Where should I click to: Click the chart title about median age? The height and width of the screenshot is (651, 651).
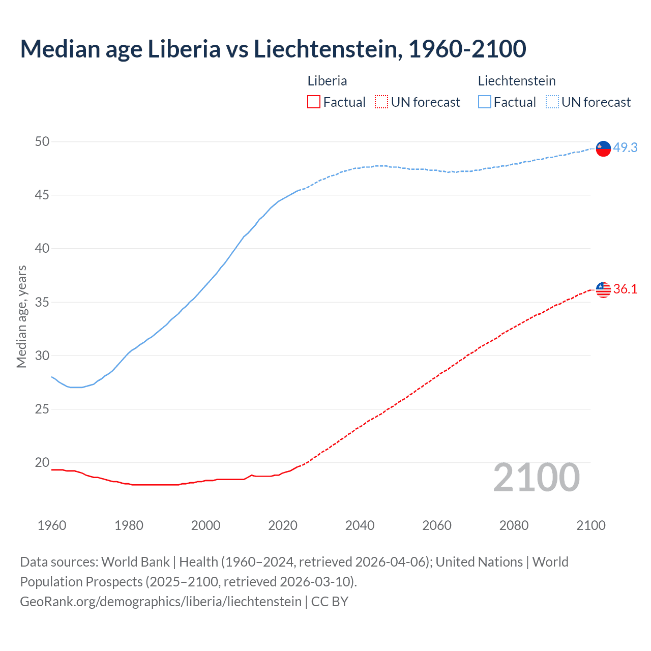273,49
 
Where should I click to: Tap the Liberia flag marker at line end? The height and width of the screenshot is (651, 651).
603,289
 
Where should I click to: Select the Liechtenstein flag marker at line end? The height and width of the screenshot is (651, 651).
603,148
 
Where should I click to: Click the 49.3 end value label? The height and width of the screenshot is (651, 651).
625,147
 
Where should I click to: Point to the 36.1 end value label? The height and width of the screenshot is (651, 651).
625,289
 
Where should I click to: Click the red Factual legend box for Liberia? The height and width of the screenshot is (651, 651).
314,102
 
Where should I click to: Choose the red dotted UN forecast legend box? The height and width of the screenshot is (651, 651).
381,102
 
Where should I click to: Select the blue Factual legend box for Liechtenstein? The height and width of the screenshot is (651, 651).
484,102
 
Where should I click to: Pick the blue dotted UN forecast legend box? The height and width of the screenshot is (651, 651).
552,102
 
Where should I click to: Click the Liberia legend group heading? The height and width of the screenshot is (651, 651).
327,81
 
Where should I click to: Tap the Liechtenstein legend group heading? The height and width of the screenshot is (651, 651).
516,81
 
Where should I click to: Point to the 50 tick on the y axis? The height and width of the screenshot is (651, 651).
42,141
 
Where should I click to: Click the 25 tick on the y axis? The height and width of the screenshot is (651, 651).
42,409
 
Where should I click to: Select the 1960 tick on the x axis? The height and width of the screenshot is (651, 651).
52,525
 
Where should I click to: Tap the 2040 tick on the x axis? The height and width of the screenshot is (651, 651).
360,525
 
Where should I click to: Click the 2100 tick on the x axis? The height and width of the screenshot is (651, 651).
590,525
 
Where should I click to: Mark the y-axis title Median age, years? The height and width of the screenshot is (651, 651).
21,316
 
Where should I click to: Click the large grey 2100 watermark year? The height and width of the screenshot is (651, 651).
536,478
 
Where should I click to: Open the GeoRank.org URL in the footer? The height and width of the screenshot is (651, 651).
161,601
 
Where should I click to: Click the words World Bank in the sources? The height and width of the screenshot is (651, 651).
135,562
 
